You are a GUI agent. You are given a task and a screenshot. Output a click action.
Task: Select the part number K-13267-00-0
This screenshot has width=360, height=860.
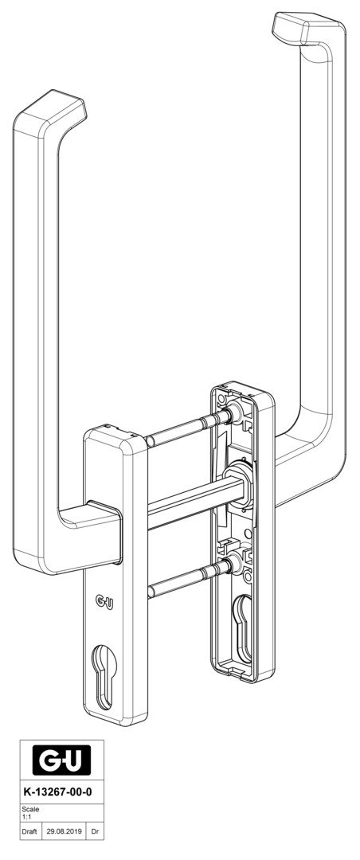57,793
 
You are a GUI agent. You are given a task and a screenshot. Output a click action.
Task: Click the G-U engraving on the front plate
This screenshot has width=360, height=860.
104,602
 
